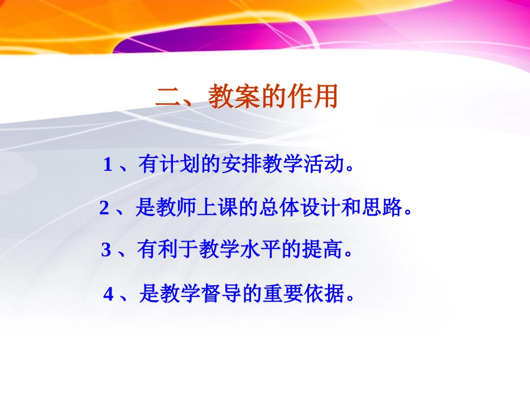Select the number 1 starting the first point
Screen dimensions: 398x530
tap(108, 166)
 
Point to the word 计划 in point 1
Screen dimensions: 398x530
tap(170, 165)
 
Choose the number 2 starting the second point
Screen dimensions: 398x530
tap(104, 209)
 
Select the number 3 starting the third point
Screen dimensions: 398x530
tap(106, 251)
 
